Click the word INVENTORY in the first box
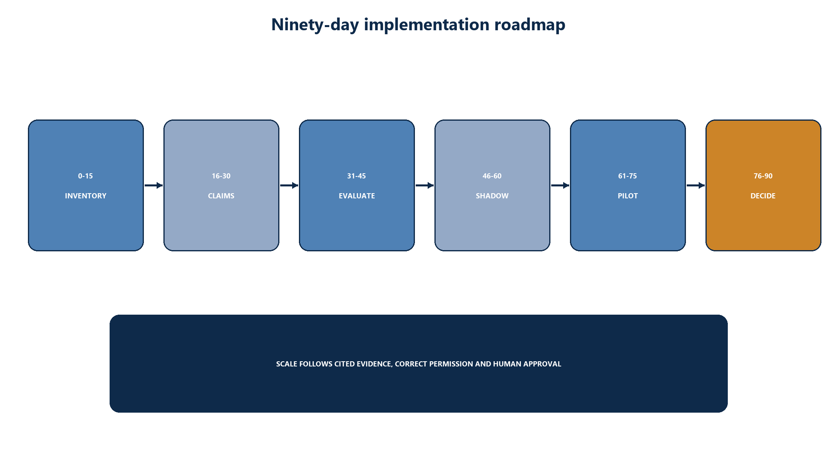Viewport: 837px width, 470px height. pyautogui.click(x=86, y=196)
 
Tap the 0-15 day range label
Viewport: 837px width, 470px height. pyautogui.click(x=85, y=176)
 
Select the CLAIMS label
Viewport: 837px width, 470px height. pyautogui.click(x=221, y=196)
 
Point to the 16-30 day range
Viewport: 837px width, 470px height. pyautogui.click(x=221, y=176)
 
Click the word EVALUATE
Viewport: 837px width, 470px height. pyautogui.click(x=357, y=196)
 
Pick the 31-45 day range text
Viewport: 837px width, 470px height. pyautogui.click(x=356, y=176)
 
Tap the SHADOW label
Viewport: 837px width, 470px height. pyautogui.click(x=492, y=196)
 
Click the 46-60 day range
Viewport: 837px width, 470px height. pyautogui.click(x=492, y=176)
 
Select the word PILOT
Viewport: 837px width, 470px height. pyautogui.click(x=628, y=196)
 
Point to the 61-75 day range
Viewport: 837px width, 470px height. pyautogui.click(x=627, y=176)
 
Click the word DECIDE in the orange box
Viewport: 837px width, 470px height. pyautogui.click(x=763, y=196)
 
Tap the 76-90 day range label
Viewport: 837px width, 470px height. pyautogui.click(x=763, y=176)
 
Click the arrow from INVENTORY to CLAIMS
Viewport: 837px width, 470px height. pyautogui.click(x=153, y=185)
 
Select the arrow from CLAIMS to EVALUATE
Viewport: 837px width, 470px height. pyautogui.click(x=289, y=185)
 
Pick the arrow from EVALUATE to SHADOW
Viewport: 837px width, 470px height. pyautogui.click(x=424, y=185)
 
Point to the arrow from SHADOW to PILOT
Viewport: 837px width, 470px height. pyautogui.click(x=560, y=185)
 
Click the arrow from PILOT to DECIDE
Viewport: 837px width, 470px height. pyautogui.click(x=696, y=185)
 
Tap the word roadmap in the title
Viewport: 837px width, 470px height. pyautogui.click(x=530, y=25)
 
